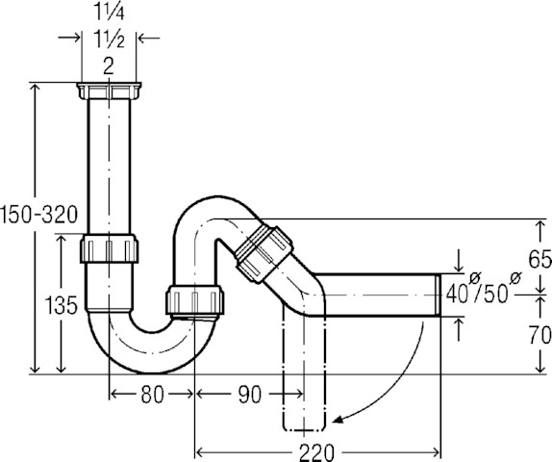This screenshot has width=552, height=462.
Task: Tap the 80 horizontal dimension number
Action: (152, 394)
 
